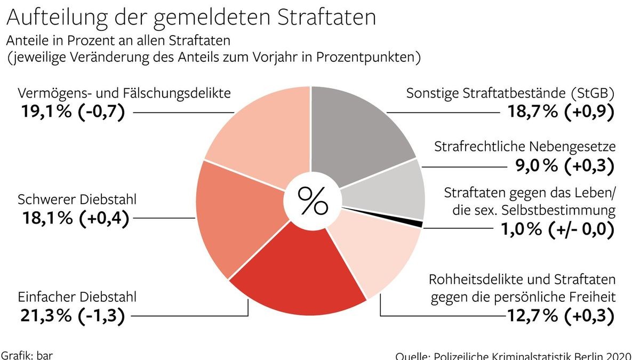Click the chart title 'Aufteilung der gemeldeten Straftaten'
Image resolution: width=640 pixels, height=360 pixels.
click(191, 17)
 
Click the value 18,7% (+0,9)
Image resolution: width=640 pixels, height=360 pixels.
click(557, 112)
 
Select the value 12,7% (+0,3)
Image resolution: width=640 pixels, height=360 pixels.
click(560, 315)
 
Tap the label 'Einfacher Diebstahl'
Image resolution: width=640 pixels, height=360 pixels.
click(77, 296)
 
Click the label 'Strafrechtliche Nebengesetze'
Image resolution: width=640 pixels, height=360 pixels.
click(525, 146)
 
